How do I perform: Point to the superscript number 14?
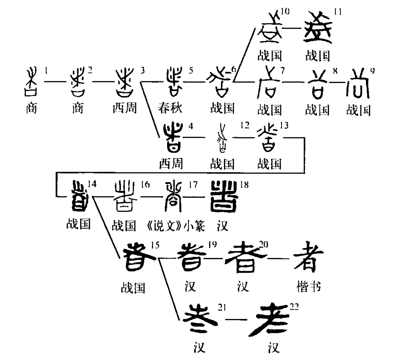pos(92,183)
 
